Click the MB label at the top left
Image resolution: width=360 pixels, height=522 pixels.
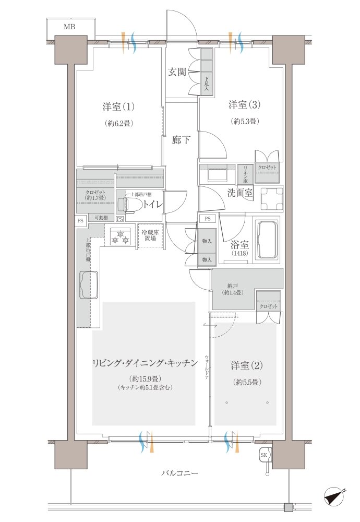69,26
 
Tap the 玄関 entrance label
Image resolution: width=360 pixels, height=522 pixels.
177,73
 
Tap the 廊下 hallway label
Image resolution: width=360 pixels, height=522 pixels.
182,140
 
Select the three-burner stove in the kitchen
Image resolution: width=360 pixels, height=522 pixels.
119,236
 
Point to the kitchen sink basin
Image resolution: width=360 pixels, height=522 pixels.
89,285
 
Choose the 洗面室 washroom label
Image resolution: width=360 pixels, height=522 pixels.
240,193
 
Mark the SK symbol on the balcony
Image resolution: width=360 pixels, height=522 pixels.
265,455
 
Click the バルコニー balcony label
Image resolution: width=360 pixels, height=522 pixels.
179,473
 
